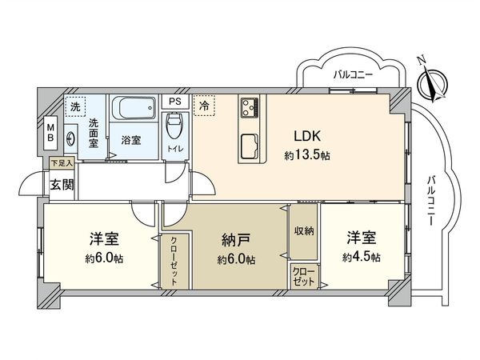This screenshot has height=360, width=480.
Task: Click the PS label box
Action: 174,102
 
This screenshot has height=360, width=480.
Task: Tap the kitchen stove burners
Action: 249,106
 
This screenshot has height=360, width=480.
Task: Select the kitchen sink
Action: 248,146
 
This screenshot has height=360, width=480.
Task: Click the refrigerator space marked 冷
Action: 205,105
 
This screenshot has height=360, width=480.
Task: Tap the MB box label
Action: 49,133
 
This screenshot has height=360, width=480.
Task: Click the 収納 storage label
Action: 304,231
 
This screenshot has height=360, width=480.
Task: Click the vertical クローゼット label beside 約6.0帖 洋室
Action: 174,262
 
